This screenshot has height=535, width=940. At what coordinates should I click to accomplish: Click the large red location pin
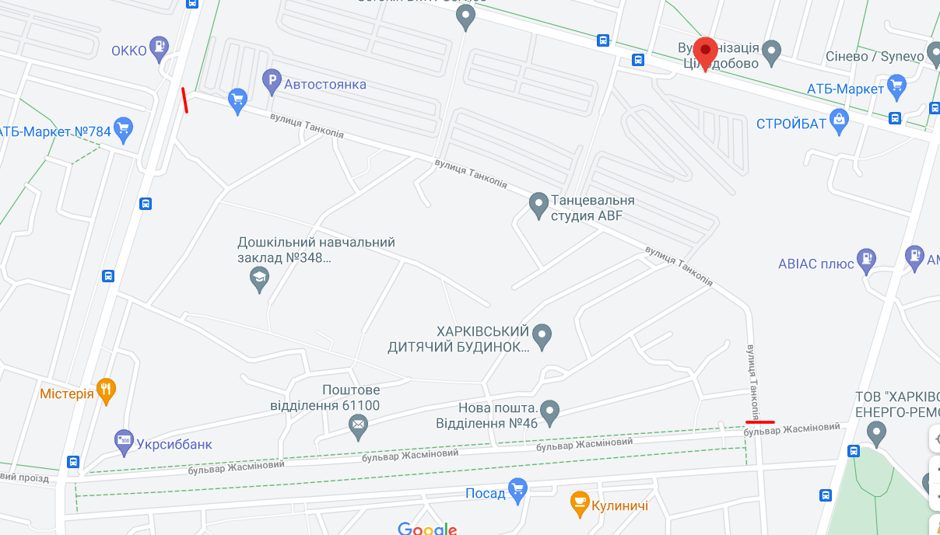[706, 51]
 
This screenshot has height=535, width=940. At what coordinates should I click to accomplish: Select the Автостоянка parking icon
[272, 81]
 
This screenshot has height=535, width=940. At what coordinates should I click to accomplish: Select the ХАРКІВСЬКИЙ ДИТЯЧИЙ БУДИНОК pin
[542, 336]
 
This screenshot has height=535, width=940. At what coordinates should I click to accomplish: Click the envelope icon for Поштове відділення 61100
[358, 425]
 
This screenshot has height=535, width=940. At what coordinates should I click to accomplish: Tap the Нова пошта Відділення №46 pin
[550, 412]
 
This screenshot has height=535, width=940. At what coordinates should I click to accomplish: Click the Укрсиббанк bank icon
[124, 442]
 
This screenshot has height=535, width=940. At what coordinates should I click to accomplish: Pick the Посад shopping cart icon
[517, 491]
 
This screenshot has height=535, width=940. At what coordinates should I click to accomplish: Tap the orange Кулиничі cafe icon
[580, 504]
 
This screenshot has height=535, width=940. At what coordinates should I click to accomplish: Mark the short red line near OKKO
[185, 100]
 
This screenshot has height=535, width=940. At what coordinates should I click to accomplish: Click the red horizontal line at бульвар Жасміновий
[759, 421]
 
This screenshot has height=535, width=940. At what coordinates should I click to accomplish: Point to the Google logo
[426, 529]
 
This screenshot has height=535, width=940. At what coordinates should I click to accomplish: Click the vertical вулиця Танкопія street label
[753, 381]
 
